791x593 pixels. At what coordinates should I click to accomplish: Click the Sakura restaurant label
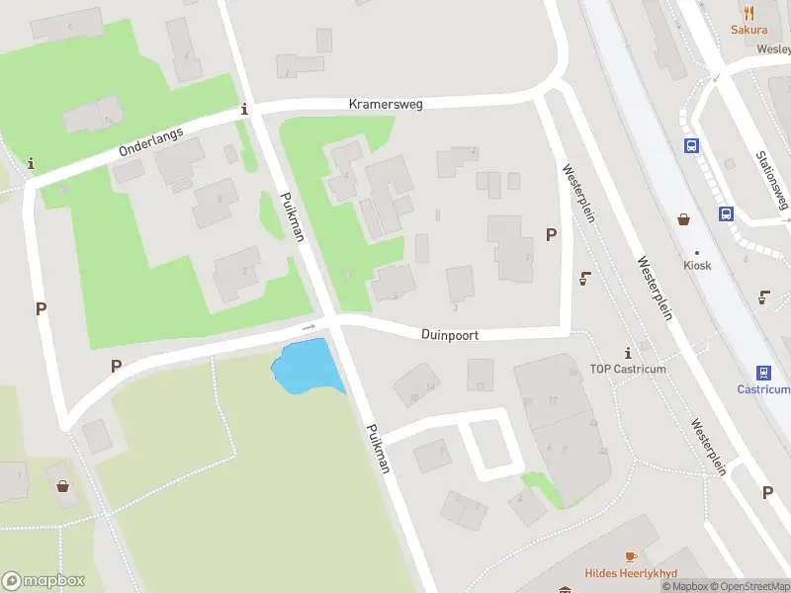tap(748, 30)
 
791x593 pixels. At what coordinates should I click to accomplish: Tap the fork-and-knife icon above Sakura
tap(748, 13)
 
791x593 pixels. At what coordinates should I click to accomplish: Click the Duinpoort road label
tap(450, 335)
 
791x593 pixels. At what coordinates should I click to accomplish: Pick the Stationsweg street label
tap(771, 179)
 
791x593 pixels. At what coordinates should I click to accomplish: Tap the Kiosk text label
tap(697, 265)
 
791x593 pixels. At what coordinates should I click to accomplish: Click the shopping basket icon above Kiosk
tap(683, 218)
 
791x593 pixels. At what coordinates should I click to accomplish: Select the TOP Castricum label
tap(628, 369)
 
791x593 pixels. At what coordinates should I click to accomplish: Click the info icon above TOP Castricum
tap(628, 353)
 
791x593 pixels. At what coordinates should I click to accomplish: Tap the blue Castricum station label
tap(763, 389)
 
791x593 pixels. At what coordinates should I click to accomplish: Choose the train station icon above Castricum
tap(763, 373)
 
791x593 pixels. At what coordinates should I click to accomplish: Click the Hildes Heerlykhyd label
tap(630, 573)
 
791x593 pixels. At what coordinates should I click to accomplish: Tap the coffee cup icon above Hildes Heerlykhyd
tap(630, 557)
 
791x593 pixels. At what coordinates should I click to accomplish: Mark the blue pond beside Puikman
tap(307, 366)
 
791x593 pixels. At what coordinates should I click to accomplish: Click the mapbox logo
tap(44, 580)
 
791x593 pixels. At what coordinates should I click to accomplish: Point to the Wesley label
tap(774, 48)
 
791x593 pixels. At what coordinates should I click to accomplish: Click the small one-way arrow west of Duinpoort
tap(308, 326)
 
